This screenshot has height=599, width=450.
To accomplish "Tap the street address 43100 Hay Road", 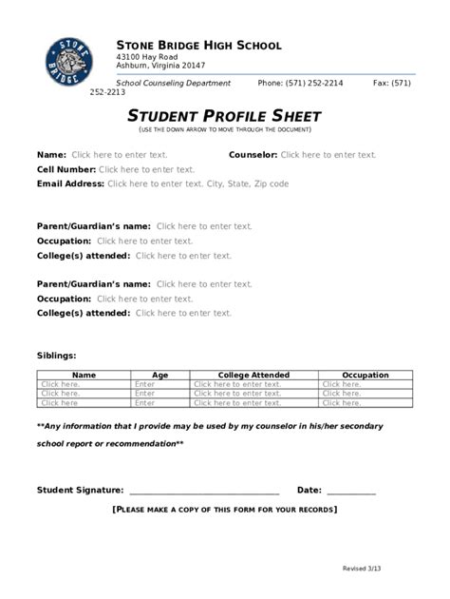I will [147, 57].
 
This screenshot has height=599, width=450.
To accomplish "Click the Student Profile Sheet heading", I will [224, 116].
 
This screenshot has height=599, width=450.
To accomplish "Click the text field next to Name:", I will [119, 154].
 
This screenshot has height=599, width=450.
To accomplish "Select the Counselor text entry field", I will [328, 154].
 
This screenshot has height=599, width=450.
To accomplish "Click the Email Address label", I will [70, 184].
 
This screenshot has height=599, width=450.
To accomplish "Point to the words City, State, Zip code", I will [248, 184].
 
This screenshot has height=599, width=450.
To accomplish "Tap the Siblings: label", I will [57, 355].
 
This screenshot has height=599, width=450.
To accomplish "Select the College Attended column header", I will [253, 376].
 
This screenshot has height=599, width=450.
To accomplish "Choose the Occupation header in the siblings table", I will [365, 376].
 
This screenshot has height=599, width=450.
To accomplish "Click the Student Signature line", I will [203, 493].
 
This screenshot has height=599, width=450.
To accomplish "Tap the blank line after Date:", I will [351, 493].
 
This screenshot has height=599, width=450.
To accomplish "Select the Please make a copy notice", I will [224, 511].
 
